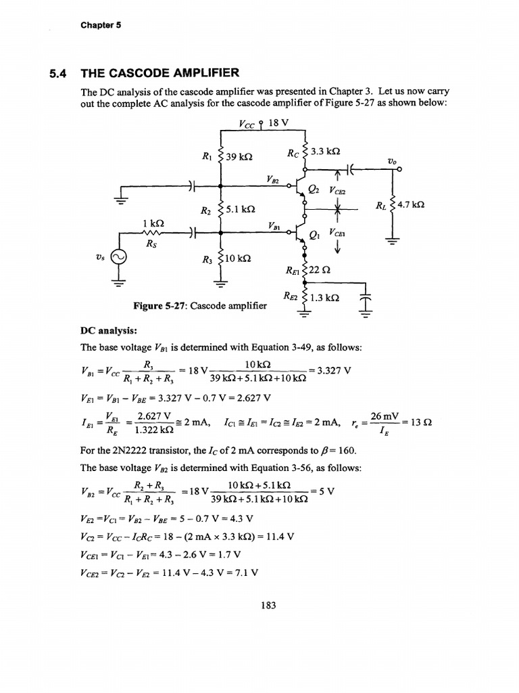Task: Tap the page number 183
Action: click(x=268, y=606)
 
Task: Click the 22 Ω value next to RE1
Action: click(x=320, y=271)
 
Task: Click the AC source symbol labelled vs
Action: click(x=120, y=258)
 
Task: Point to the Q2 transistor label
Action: click(x=313, y=189)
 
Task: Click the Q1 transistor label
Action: click(x=313, y=235)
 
